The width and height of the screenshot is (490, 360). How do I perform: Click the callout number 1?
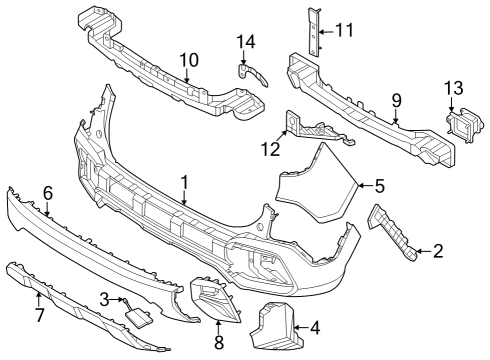click(x=184, y=182)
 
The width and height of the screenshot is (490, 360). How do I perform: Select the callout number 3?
click(x=103, y=299)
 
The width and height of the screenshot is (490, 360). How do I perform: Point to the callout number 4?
click(x=315, y=326)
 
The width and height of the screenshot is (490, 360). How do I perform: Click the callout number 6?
click(x=47, y=192)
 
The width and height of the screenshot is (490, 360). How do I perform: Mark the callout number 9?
click(x=396, y=100)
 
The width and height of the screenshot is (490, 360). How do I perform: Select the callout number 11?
click(x=345, y=31)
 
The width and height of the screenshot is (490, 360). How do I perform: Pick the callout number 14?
click(x=246, y=41)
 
